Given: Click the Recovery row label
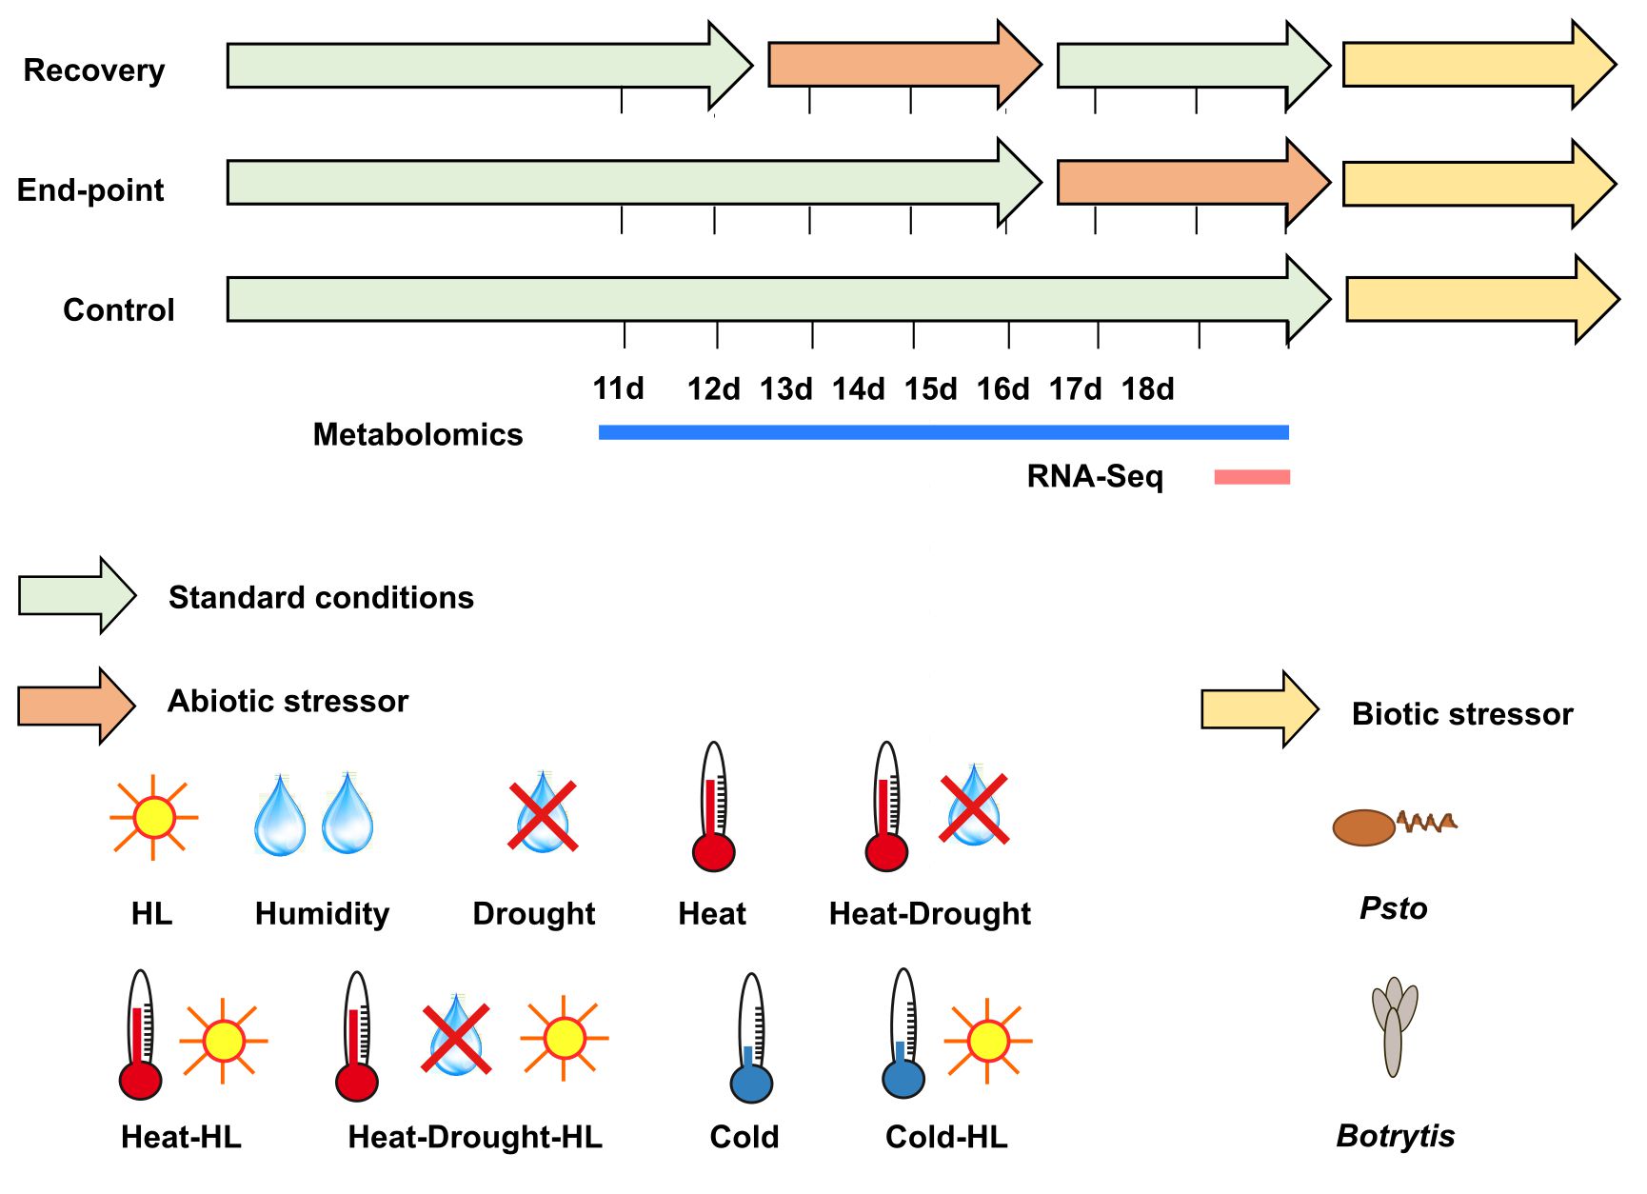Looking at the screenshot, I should coord(94,70).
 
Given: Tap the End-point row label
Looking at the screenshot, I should coord(90,190).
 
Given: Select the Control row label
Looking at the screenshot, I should coord(119,310).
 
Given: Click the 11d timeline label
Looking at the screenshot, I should coord(618,388).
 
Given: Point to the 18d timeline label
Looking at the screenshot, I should coord(1147,388).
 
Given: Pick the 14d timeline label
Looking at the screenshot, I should coord(858,388).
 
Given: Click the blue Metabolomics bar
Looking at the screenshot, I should coord(943,433).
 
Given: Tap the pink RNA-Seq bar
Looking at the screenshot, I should coord(1252,477).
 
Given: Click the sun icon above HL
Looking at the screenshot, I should coord(154,817).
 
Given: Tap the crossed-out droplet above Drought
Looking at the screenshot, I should coord(543,815).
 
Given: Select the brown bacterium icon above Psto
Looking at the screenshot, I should coord(1364,827).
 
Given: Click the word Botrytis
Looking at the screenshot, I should coord(1396,1136).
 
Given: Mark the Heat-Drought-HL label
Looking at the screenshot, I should coord(475,1137).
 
